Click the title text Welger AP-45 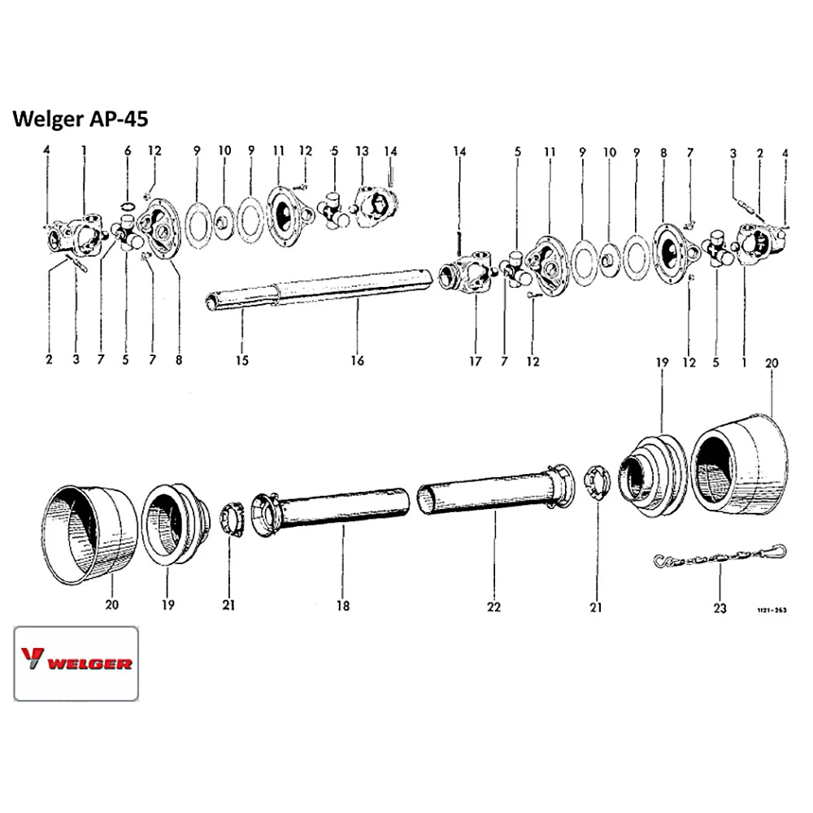[x=80, y=119]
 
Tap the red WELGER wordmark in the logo [x=89, y=663]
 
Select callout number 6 [x=128, y=150]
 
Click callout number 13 [x=362, y=150]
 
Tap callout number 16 [x=357, y=360]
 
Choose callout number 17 [x=475, y=360]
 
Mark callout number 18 [x=342, y=606]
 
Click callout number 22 [x=493, y=606]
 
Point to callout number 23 [x=720, y=606]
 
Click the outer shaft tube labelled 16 [x=358, y=285]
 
